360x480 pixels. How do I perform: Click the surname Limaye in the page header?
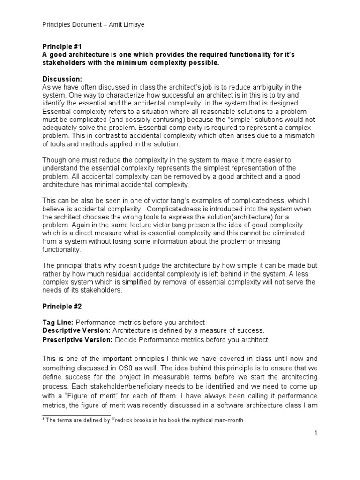tap(132, 24)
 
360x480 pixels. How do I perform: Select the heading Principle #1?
tap(62, 47)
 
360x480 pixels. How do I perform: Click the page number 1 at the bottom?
tap(316, 433)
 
